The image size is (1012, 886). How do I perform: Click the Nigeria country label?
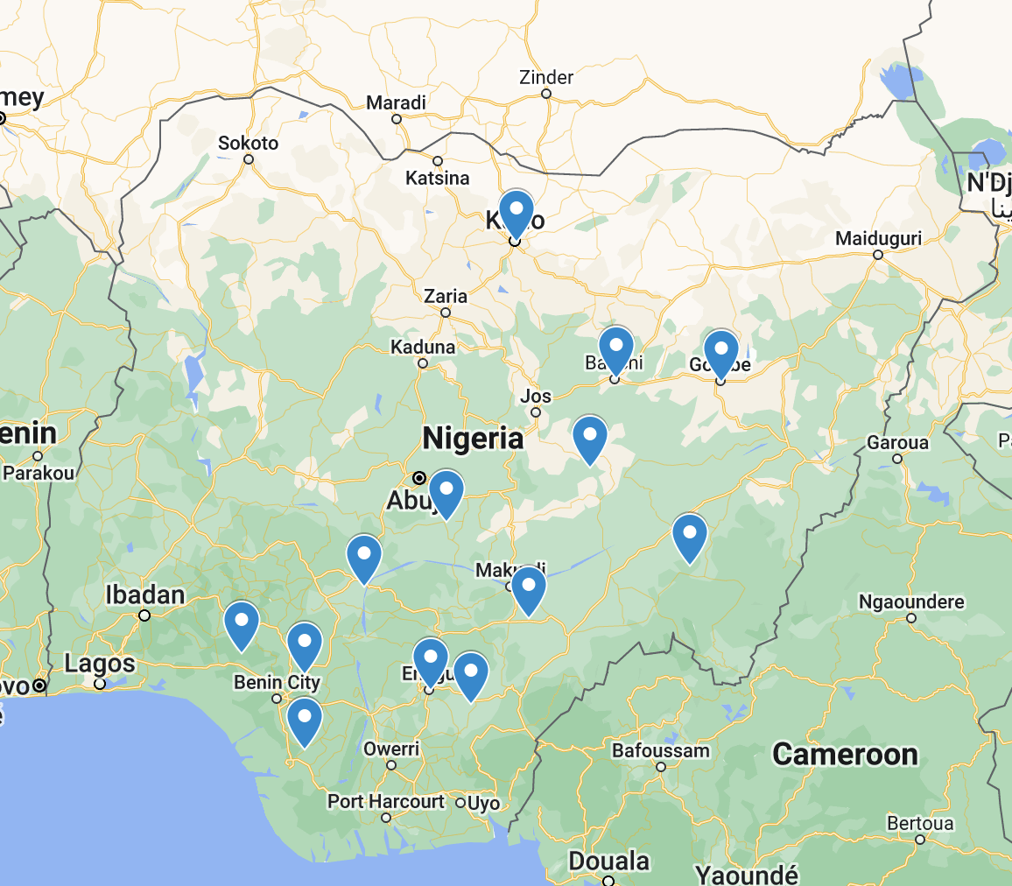(x=473, y=438)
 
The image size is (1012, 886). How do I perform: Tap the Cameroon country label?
(x=845, y=754)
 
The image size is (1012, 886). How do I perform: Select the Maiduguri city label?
(x=878, y=238)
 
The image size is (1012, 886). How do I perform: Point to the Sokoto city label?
(x=248, y=143)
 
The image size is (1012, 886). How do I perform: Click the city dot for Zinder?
(x=546, y=94)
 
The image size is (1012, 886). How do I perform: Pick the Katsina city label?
(x=437, y=179)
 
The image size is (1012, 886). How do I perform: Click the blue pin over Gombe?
(x=720, y=352)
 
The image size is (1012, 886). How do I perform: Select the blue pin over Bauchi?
(x=615, y=348)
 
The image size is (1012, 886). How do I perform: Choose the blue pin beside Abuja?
(x=446, y=492)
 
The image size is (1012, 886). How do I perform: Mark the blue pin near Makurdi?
(x=529, y=588)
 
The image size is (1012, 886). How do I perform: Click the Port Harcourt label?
(x=386, y=801)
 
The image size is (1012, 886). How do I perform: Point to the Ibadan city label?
(x=144, y=595)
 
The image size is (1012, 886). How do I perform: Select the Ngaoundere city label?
(x=911, y=601)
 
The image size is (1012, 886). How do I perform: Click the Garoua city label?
(x=896, y=442)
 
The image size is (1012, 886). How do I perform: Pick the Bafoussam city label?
(x=660, y=750)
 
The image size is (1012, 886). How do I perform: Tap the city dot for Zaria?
(x=446, y=313)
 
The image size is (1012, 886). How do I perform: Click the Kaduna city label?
(x=423, y=347)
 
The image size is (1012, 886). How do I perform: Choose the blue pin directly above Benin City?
(x=304, y=644)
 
